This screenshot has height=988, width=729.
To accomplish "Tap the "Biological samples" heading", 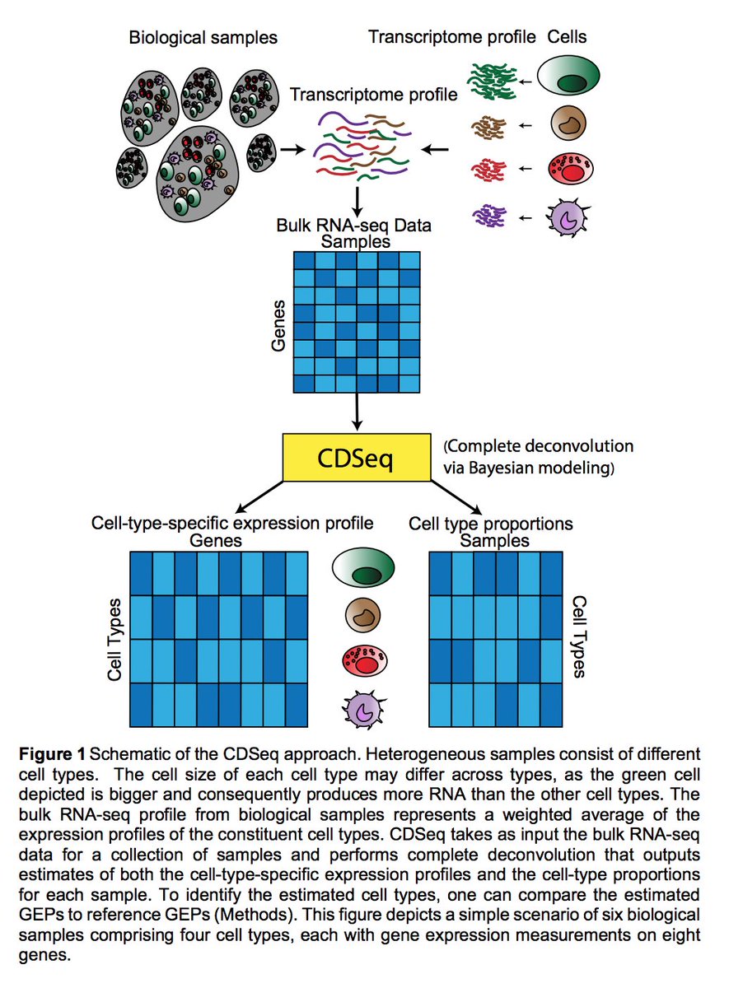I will click(203, 37).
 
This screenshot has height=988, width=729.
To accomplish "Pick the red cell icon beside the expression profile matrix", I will click(363, 660).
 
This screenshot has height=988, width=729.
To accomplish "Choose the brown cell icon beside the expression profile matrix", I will click(363, 615).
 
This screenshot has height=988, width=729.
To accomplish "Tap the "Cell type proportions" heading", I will click(491, 524).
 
